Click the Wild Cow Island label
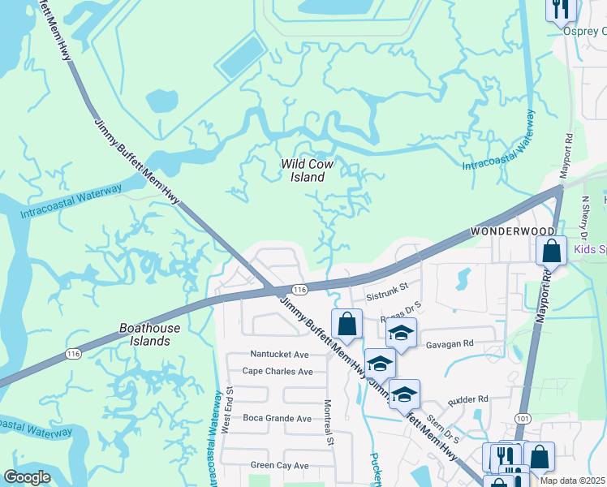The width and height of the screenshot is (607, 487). click(307, 170)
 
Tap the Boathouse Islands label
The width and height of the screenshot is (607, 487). click(156, 334)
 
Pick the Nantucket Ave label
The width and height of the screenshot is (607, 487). click(279, 354)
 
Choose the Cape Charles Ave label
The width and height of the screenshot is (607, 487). click(278, 372)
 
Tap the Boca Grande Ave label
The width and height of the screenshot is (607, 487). click(277, 418)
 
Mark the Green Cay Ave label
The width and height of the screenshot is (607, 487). click(279, 465)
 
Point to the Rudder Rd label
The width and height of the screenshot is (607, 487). click(468, 399)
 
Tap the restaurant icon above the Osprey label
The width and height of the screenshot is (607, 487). click(560, 10)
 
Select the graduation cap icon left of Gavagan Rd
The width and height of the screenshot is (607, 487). click(401, 333)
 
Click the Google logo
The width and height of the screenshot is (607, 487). click(28, 477)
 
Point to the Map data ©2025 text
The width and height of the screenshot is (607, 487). click(573, 481)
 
